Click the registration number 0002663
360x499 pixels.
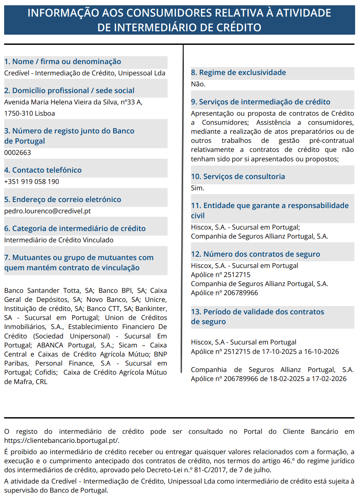(18, 153)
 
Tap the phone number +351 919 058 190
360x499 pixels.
(32, 182)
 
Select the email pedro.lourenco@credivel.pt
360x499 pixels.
(47, 211)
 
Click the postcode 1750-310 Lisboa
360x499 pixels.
(29, 113)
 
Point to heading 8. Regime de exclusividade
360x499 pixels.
(238, 73)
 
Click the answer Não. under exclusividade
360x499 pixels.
(198, 84)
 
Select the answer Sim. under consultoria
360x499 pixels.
(197, 188)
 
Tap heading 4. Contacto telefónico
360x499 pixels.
(43, 170)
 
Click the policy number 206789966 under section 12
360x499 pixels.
(241, 293)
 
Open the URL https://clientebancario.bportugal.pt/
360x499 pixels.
(62, 441)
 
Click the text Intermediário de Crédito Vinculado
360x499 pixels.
(59, 240)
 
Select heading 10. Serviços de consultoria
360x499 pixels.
(238, 176)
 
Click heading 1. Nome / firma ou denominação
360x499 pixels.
(63, 61)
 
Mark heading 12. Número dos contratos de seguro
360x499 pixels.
(255, 254)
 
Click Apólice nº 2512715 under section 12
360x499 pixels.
(221, 275)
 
